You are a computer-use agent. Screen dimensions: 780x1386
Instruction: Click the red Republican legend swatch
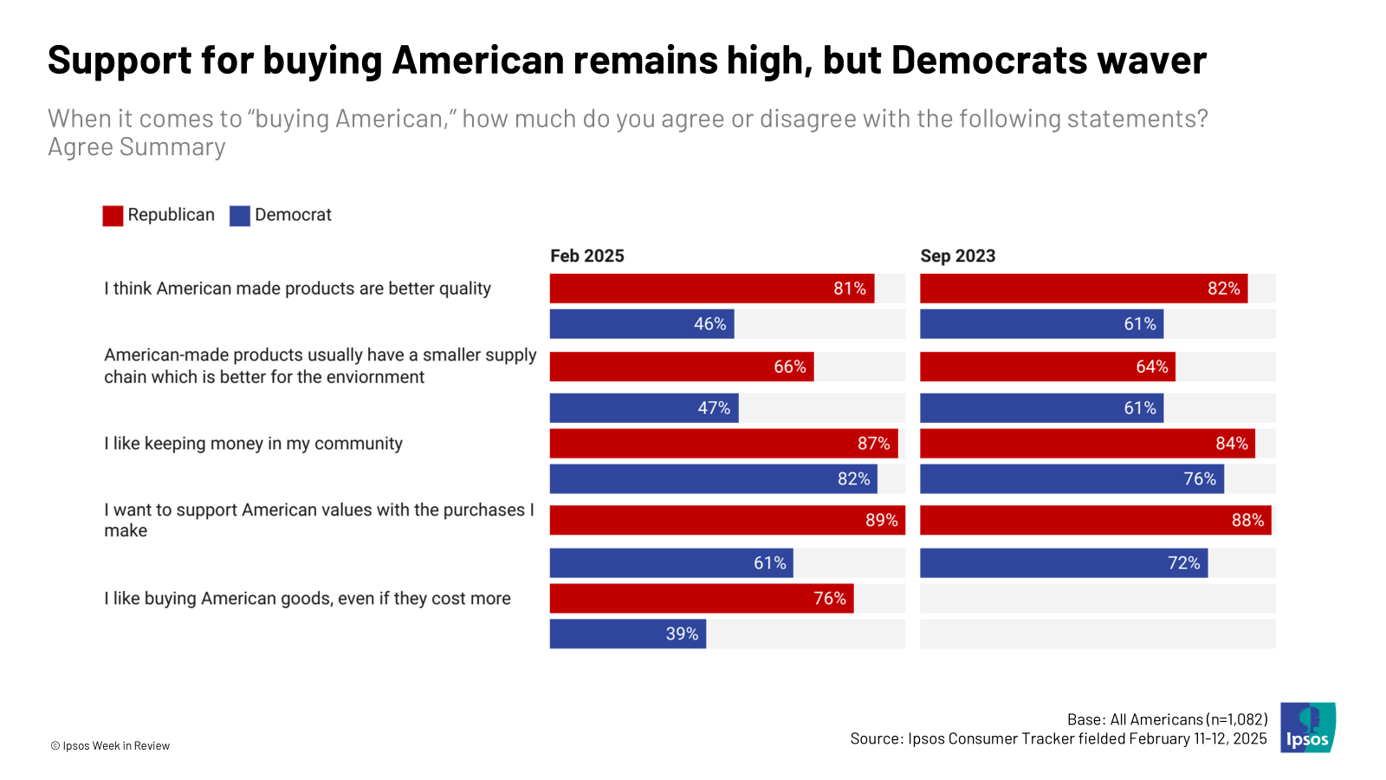pyautogui.click(x=113, y=216)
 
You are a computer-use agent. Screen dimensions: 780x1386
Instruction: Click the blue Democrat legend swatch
pyautogui.click(x=240, y=216)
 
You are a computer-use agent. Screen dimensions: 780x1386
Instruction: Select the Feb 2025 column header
pyautogui.click(x=587, y=256)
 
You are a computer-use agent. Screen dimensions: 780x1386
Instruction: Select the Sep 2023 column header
pyautogui.click(x=957, y=256)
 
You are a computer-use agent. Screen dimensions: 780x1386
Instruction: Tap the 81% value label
pyautogui.click(x=849, y=289)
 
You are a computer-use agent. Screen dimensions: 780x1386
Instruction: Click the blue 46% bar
pyautogui.click(x=641, y=324)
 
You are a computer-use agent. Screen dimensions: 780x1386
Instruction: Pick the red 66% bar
pyautogui.click(x=681, y=367)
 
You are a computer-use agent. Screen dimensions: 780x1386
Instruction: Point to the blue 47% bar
pyautogui.click(x=644, y=408)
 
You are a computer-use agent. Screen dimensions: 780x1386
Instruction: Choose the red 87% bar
pyautogui.click(x=723, y=444)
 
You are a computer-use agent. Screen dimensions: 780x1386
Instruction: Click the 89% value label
pyautogui.click(x=881, y=520)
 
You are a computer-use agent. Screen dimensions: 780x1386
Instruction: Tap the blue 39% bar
pyautogui.click(x=627, y=634)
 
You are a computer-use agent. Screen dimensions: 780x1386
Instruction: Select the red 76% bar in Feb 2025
pyautogui.click(x=701, y=599)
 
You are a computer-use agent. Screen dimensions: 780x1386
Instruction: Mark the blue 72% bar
pyautogui.click(x=1063, y=563)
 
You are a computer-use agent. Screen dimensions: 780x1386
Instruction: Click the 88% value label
pyautogui.click(x=1247, y=520)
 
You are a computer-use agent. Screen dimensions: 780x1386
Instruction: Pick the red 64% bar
pyautogui.click(x=1046, y=367)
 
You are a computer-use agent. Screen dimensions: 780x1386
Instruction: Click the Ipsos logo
pyautogui.click(x=1308, y=727)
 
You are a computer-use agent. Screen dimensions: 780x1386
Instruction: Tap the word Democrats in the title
pyautogui.click(x=988, y=61)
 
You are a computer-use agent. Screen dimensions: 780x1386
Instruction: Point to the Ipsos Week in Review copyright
pyautogui.click(x=110, y=746)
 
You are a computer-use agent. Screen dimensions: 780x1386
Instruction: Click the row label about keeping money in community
pyautogui.click(x=253, y=444)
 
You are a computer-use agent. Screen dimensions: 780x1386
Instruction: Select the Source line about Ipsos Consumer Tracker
pyautogui.click(x=1058, y=739)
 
